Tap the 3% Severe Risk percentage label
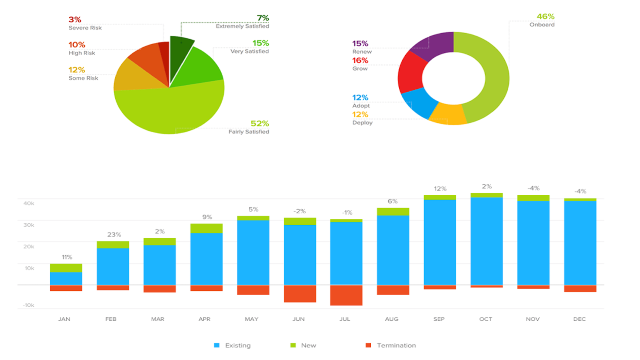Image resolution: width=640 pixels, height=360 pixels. point(75,20)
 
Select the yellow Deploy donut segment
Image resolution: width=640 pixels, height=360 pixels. point(448,114)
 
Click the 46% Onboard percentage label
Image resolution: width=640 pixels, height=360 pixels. point(545,16)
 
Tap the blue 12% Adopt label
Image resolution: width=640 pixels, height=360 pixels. point(360,98)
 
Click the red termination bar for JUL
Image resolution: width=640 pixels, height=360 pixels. point(346,295)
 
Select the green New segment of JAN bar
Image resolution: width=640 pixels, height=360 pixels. point(66,268)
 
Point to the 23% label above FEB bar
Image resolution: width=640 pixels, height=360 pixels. point(114,234)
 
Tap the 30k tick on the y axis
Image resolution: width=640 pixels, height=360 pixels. point(29,225)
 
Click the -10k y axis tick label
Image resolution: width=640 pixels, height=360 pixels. point(28,305)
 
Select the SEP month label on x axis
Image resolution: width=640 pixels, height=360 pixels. point(439,319)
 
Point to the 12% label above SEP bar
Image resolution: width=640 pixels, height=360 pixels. point(440,188)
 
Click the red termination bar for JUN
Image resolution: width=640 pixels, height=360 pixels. point(300,294)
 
